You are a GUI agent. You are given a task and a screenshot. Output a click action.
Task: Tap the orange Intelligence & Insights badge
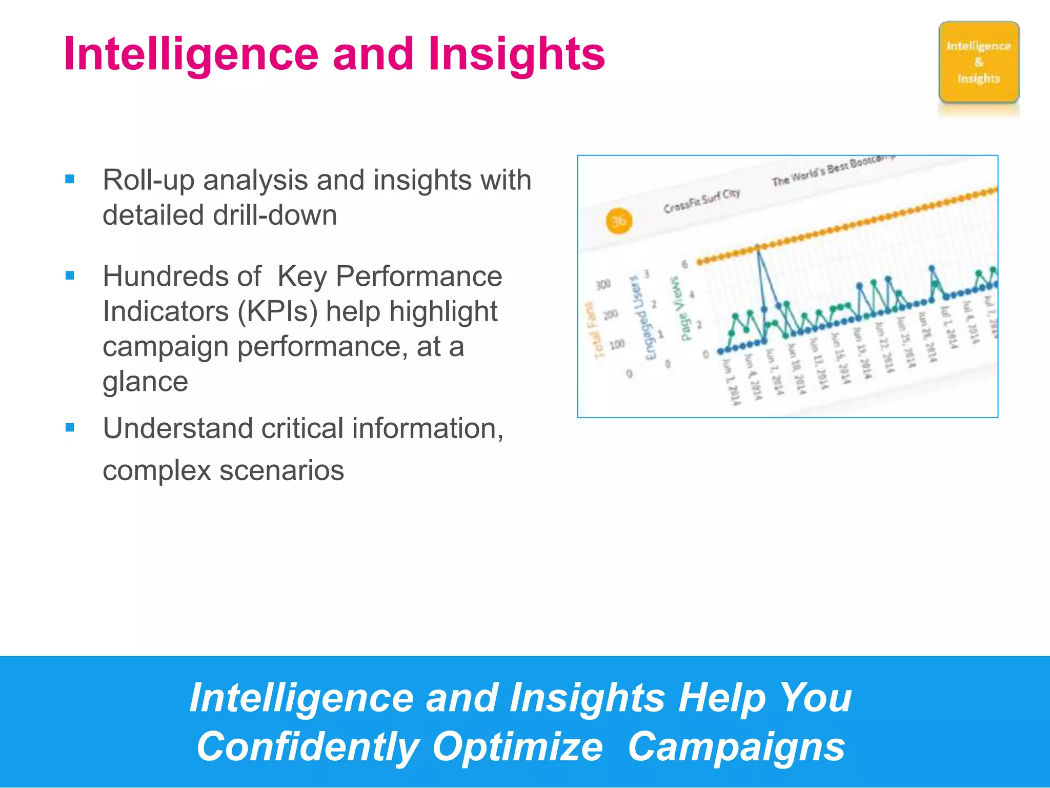[978, 62]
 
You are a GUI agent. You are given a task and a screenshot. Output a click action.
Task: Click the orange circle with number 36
[618, 221]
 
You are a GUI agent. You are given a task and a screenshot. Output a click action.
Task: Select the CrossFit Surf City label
[701, 201]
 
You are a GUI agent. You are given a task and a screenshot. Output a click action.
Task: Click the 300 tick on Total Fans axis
[603, 284]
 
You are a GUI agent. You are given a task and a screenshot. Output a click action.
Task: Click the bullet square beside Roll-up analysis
[70, 179]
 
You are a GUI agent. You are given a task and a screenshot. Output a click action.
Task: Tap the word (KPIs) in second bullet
[277, 311]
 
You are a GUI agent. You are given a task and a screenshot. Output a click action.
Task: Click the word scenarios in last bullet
[281, 470]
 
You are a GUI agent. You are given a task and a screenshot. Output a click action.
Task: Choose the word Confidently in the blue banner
[308, 746]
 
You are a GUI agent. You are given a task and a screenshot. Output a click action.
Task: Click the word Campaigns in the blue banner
[736, 746]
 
